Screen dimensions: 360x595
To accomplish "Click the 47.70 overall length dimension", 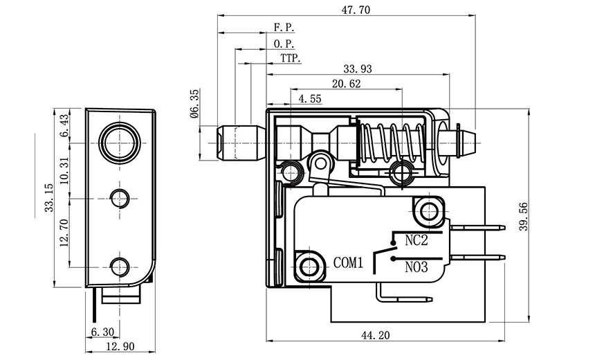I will (347, 10).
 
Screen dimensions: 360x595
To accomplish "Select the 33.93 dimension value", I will (358, 68).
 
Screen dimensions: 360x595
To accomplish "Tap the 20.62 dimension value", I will (346, 84).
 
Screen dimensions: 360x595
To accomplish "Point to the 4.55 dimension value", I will (309, 99).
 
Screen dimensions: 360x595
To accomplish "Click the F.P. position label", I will (284, 28).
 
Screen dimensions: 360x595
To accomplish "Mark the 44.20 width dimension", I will (375, 335).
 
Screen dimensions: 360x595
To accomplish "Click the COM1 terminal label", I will (349, 262).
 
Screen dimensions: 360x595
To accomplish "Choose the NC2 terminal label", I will (416, 241).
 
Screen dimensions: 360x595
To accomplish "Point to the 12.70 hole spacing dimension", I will (64, 233).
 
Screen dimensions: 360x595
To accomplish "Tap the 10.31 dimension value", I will (64, 170).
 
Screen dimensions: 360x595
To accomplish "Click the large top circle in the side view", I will (120, 143).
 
